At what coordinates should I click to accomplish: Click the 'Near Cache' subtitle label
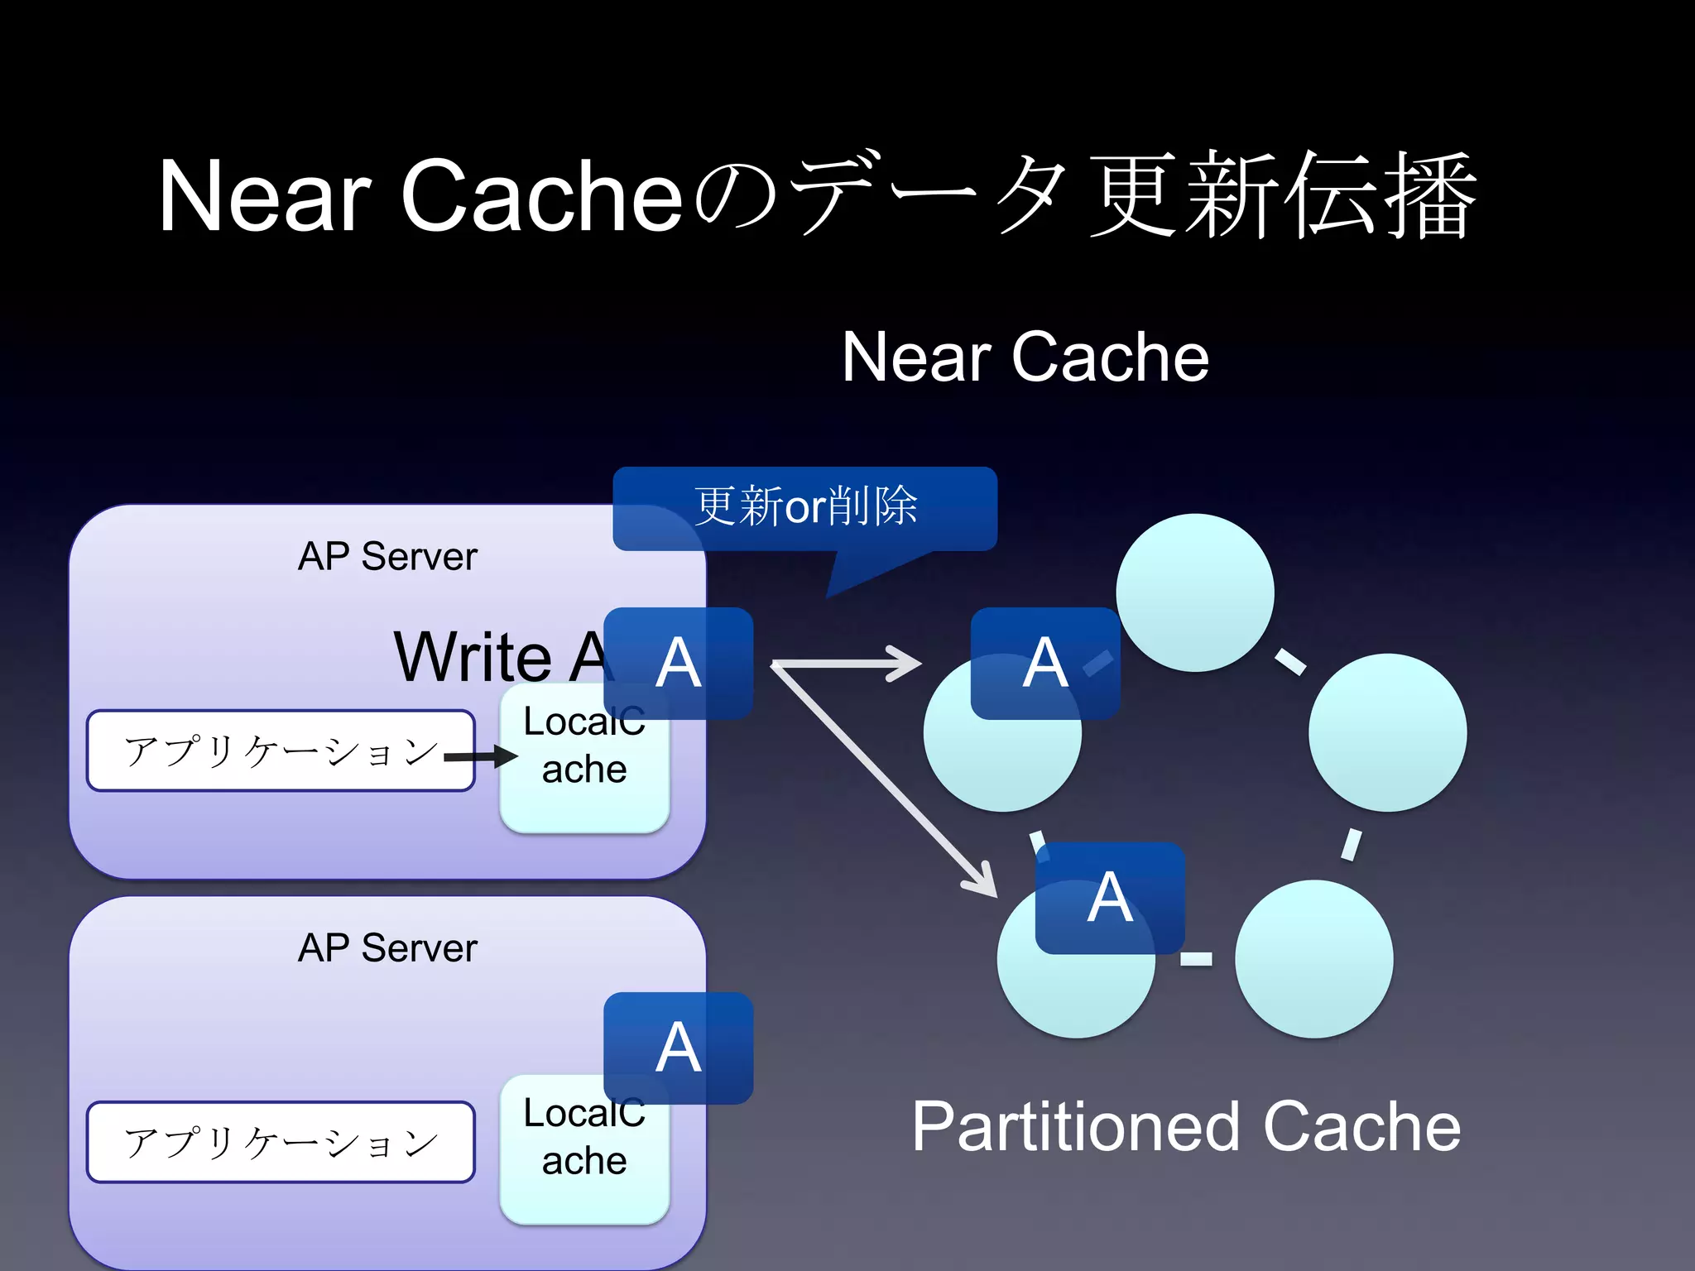point(1025,357)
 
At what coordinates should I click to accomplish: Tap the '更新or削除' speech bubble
point(804,507)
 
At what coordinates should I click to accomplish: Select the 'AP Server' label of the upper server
point(387,556)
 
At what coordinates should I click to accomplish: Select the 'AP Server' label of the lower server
point(387,947)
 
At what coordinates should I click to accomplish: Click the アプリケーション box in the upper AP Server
point(280,751)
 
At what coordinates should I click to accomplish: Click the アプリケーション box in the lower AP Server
point(280,1142)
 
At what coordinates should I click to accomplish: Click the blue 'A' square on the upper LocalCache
point(679,663)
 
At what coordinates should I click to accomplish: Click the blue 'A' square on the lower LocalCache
point(679,1048)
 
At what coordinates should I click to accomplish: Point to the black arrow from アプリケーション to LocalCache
point(483,756)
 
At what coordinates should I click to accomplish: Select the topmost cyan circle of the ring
point(1194,592)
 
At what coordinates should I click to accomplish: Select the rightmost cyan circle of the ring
point(1387,732)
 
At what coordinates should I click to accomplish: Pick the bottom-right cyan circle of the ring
point(1313,958)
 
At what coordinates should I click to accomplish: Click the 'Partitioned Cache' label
point(1186,1127)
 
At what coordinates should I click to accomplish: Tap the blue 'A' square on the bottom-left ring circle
point(1110,898)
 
